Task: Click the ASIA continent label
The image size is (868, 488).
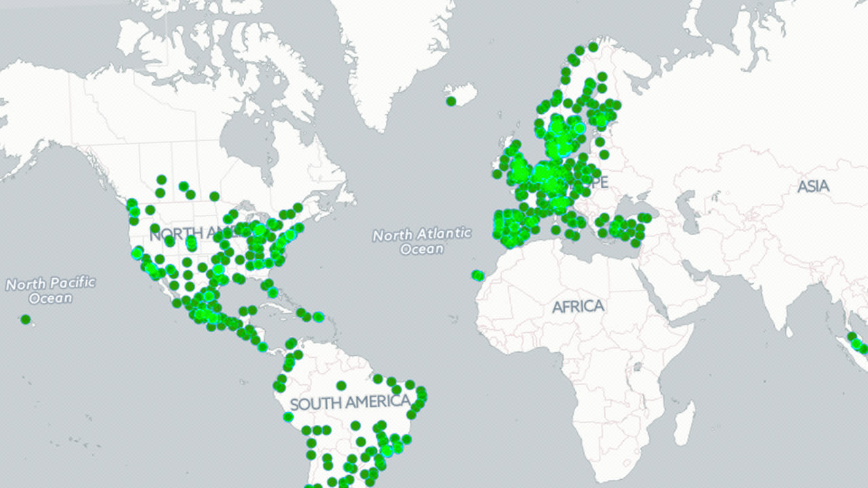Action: click(812, 186)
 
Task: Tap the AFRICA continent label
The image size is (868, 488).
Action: click(578, 306)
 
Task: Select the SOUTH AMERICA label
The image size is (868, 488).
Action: click(350, 403)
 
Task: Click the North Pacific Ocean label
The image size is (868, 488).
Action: click(51, 289)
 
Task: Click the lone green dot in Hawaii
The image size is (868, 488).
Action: click(26, 319)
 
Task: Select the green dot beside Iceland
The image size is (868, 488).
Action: click(451, 102)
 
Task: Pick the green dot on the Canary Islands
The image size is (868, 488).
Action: click(478, 275)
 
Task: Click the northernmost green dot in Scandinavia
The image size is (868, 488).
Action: click(593, 47)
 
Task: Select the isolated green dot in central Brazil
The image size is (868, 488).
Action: click(341, 386)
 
